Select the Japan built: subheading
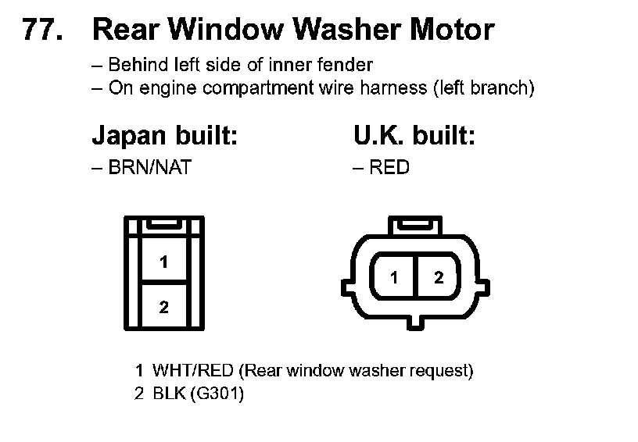pyautogui.click(x=164, y=137)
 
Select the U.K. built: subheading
pyautogui.click(x=414, y=137)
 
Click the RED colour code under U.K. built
pyautogui.click(x=389, y=167)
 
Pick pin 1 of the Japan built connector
pyautogui.click(x=163, y=262)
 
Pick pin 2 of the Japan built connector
pyautogui.click(x=163, y=307)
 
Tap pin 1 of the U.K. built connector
pyautogui.click(x=395, y=277)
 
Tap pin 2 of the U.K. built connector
pyautogui.click(x=439, y=277)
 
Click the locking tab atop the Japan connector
pyautogui.click(x=163, y=224)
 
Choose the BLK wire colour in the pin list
pyautogui.click(x=167, y=394)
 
